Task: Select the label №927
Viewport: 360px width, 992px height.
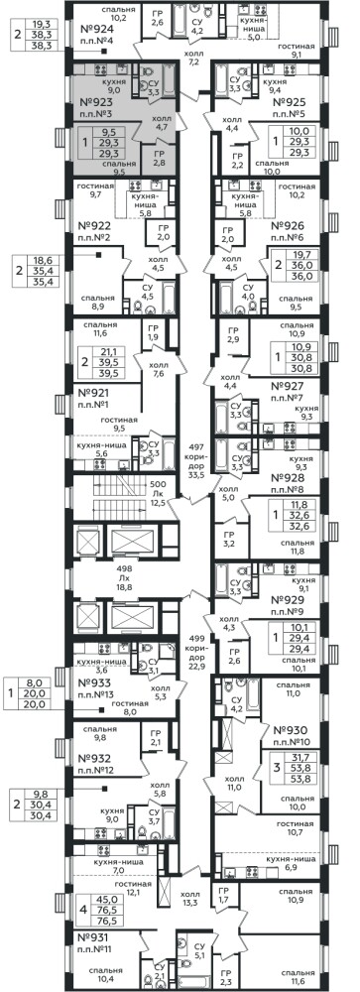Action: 288,387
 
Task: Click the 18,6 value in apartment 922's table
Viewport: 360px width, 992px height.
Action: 45,260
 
